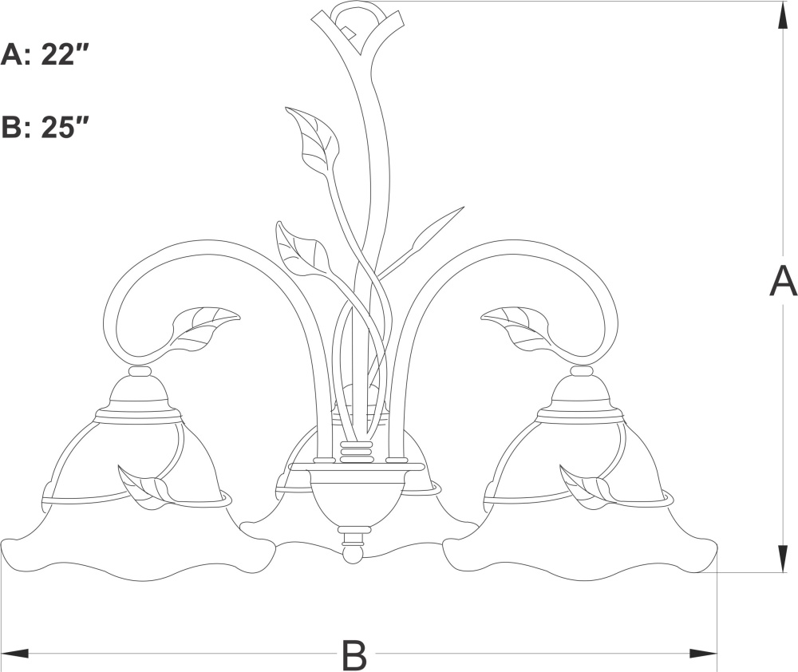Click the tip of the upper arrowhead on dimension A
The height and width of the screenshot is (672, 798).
(x=781, y=2)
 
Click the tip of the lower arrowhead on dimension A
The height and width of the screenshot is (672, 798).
(x=781, y=572)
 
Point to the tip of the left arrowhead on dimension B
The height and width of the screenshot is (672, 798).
(x=2, y=653)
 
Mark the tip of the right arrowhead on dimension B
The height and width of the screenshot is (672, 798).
(x=717, y=653)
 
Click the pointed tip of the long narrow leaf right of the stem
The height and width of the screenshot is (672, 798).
(x=464, y=206)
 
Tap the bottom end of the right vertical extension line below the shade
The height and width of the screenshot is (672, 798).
(x=717, y=671)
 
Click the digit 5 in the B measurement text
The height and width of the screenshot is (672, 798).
(x=64, y=126)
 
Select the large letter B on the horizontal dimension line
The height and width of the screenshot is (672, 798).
(x=354, y=654)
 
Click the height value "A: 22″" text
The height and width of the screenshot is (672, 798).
(x=45, y=54)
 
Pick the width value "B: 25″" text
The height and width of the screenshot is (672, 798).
(x=45, y=126)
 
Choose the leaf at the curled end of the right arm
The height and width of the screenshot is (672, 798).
(x=516, y=328)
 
